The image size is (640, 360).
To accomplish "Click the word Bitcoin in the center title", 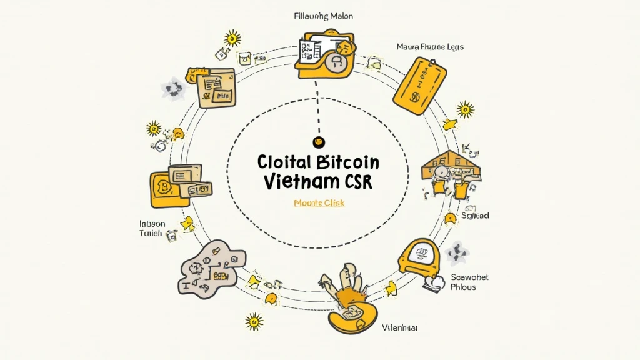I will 347,162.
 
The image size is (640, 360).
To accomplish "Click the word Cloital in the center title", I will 283,162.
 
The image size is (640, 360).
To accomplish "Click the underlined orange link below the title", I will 319,203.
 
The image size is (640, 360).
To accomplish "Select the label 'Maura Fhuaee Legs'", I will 430,47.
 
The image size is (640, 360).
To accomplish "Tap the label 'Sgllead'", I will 475,216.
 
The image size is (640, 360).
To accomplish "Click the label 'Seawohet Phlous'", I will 469,282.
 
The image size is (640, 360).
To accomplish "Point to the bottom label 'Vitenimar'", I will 400,327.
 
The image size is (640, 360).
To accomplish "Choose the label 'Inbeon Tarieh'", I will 152,228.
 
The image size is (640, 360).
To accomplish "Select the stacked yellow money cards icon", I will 181,185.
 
